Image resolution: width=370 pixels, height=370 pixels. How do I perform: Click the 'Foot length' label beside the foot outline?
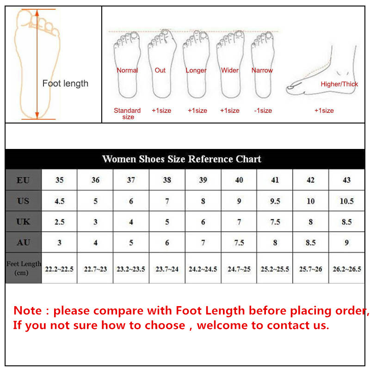pyautogui.click(x=65, y=84)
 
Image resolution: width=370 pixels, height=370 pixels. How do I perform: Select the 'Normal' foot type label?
pyautogui.click(x=127, y=70)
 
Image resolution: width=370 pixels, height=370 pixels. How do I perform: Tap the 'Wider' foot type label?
pyautogui.click(x=230, y=70)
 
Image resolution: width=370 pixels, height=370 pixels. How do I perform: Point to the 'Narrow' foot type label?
pyautogui.click(x=262, y=70)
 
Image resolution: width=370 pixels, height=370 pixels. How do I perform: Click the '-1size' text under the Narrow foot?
pyautogui.click(x=263, y=111)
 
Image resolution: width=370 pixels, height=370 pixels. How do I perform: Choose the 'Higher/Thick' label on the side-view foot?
pyautogui.click(x=339, y=84)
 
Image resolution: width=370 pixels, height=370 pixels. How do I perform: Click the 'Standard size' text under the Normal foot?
pyautogui.click(x=128, y=114)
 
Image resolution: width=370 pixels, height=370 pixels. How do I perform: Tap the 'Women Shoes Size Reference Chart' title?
pyautogui.click(x=181, y=159)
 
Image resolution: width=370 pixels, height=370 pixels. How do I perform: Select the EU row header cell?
pyautogui.click(x=23, y=180)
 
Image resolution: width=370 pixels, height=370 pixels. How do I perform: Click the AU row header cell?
pyautogui.click(x=23, y=242)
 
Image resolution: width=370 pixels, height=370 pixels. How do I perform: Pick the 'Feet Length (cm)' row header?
pyautogui.click(x=24, y=268)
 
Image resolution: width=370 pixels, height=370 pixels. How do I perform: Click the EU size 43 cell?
pyautogui.click(x=346, y=180)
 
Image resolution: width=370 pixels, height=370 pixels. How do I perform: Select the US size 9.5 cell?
pyautogui.click(x=275, y=201)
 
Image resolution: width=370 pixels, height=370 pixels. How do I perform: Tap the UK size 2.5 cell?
pyautogui.click(x=59, y=222)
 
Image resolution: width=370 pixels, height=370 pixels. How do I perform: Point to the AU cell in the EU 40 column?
pyautogui.click(x=239, y=242)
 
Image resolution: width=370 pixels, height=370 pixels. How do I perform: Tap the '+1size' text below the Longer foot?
pyautogui.click(x=197, y=111)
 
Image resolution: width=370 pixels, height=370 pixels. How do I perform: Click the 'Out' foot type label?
pyautogui.click(x=160, y=70)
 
